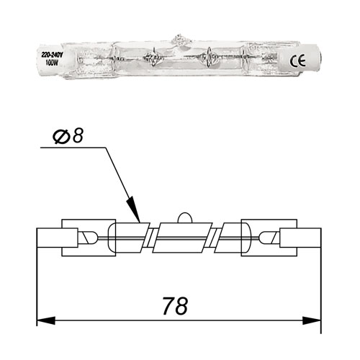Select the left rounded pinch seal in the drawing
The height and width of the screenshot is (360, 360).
tap(87, 236)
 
